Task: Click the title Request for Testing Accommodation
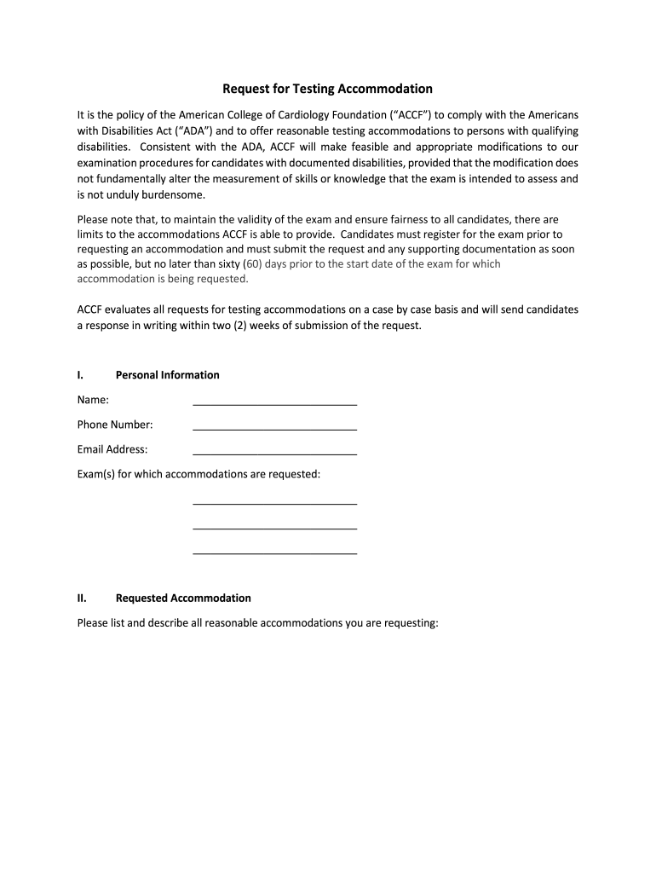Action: tap(328, 89)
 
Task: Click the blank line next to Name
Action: tap(274, 402)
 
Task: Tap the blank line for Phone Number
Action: tap(274, 427)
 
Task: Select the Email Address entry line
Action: tap(274, 452)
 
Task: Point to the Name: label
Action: tap(93, 400)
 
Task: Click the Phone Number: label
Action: tap(115, 425)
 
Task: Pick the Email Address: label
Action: tap(112, 449)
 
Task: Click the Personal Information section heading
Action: tap(167, 375)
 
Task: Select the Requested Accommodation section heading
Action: tap(183, 598)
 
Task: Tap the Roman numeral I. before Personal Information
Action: tap(79, 375)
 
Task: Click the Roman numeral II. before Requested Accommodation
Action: tap(82, 598)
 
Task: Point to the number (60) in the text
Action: tap(253, 264)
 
